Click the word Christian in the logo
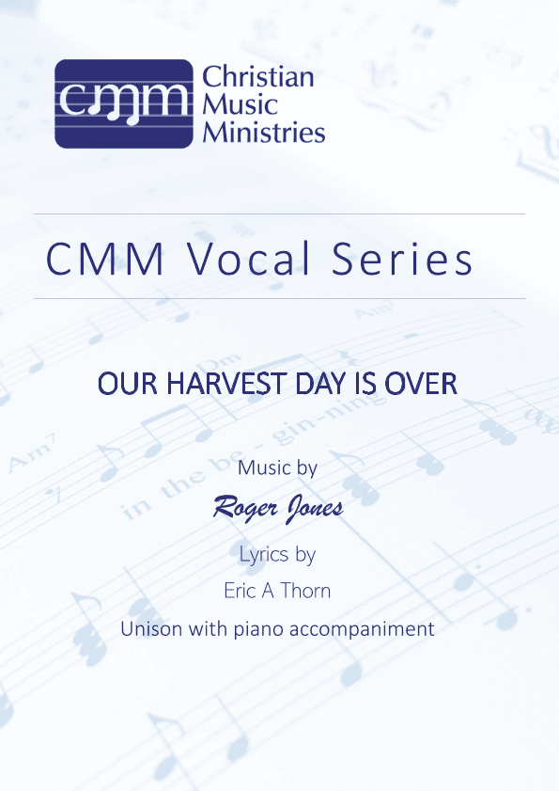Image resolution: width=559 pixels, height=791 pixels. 258,77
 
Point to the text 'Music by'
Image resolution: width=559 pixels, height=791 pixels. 278,467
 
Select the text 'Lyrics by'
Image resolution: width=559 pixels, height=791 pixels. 278,554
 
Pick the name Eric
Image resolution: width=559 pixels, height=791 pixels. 241,591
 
